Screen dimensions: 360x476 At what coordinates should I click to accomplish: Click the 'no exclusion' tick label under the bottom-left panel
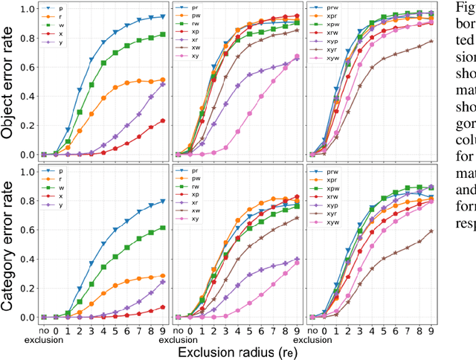44,330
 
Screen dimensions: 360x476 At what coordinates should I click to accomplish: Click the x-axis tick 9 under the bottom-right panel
431,327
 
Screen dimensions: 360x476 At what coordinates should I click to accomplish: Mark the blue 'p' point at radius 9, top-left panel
162,16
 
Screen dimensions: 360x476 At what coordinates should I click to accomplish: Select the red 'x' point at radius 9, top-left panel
162,120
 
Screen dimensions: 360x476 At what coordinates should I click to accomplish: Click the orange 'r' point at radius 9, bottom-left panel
162,276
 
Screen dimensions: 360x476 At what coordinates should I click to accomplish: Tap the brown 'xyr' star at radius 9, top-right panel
431,41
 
